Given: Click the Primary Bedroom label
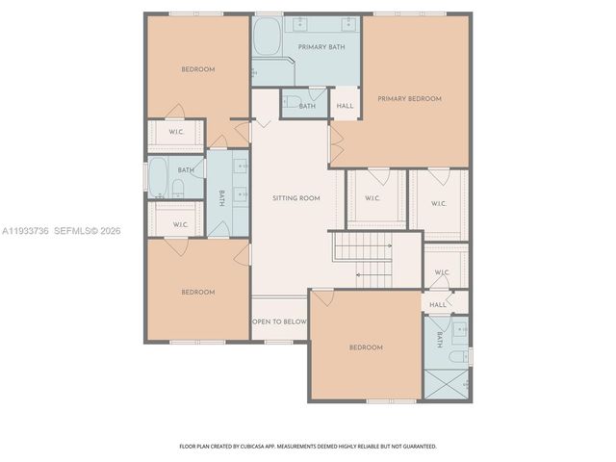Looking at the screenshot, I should click(409, 98).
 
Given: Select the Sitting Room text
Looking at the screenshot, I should click(295, 198).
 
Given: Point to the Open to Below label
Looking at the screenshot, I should click(279, 321).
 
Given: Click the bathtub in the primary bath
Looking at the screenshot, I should click(267, 40).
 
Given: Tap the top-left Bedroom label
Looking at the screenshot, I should click(198, 69).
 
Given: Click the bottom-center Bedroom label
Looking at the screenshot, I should click(366, 347).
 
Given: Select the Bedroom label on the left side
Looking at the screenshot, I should click(198, 292).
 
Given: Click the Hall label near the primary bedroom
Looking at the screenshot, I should click(345, 106).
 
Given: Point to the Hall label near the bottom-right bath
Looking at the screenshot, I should click(438, 304).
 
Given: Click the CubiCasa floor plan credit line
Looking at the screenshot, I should click(308, 447).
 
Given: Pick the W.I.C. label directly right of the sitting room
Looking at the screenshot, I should click(372, 199).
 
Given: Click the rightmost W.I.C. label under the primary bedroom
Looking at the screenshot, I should click(439, 203).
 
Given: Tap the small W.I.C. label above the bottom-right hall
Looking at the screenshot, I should click(442, 272).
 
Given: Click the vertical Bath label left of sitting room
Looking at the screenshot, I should click(221, 197).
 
